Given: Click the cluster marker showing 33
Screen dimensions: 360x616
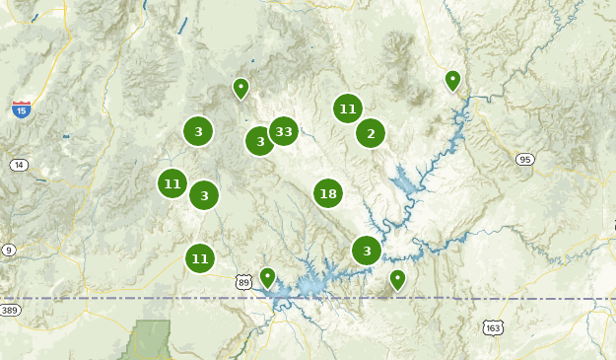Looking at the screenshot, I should tap(284, 130).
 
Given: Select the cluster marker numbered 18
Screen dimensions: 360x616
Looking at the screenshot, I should tap(328, 193).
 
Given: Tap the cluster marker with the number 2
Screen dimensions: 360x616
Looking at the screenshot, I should tap(371, 133).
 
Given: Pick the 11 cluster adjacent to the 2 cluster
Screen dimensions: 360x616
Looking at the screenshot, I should tap(347, 108).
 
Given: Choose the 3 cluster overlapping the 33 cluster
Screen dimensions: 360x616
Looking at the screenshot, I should tap(259, 141).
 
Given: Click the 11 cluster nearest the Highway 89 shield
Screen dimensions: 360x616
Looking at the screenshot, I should tap(200, 258).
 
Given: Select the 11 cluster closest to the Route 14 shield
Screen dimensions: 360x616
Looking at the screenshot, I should tap(172, 182).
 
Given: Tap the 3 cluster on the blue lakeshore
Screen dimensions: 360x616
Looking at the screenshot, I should tap(367, 251).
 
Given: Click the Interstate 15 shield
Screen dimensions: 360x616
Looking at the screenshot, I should tap(21, 109).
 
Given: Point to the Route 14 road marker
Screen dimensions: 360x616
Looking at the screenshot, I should tap(19, 165).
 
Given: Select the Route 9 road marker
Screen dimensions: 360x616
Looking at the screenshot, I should tap(9, 250).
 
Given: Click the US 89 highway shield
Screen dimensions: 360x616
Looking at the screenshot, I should tap(243, 282).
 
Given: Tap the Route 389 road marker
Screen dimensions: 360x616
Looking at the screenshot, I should tap(10, 311).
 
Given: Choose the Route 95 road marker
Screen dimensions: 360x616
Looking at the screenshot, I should tap(524, 159).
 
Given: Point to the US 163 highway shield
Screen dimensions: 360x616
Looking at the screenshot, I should tap(492, 326).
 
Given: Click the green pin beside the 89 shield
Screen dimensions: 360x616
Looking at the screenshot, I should tap(267, 277).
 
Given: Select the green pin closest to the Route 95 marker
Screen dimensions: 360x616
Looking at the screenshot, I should tap(452, 80).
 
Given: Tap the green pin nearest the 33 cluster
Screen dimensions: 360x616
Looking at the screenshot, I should tap(240, 88).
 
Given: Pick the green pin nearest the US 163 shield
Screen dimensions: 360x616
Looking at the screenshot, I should tap(397, 279).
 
